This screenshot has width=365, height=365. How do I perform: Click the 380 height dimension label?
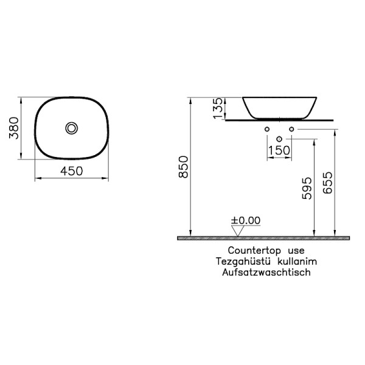13,128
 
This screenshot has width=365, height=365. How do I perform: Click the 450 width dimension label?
72,172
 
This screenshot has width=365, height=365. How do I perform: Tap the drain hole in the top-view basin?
72,128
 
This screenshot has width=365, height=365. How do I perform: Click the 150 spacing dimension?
279,150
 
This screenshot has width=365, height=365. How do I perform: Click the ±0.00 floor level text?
245,220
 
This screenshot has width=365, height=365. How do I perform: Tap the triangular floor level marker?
238,231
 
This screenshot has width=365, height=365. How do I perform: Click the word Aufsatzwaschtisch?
266,272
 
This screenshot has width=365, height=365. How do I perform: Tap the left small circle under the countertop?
267,129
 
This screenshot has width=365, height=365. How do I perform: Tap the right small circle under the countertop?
291,129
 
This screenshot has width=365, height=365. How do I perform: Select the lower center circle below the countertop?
279,139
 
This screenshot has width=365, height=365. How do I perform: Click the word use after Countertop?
296,250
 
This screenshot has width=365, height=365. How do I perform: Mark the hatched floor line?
265,238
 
